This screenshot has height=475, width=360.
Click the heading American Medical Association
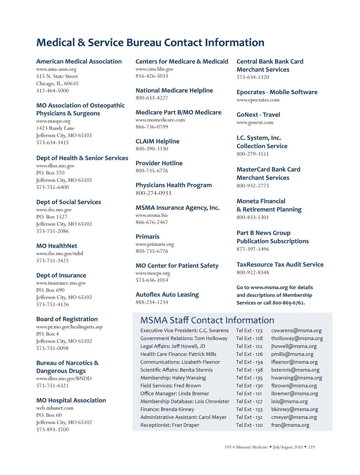pos(79,61)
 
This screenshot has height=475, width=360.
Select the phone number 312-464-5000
pos(52,90)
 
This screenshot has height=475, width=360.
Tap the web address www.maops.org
pos(53,121)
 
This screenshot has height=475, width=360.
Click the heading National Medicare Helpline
pos(174,90)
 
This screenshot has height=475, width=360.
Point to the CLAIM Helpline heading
pos(157,141)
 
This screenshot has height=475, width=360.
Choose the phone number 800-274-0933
pos(153,193)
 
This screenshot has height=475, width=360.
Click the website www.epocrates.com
pos(258,100)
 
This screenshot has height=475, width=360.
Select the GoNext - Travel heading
pos(258,114)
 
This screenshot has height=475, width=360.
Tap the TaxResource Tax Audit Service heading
pos(280,264)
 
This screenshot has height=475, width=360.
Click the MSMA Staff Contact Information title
pos(207,320)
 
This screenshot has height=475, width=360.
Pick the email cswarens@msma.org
pos(296,331)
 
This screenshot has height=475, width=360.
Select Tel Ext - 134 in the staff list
pos(249,362)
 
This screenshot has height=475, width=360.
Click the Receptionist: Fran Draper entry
pos(169,425)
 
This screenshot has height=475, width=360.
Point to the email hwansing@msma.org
pos(296,378)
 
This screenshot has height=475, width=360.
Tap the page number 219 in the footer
pos(311,447)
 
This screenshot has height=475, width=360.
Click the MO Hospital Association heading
pos(71,400)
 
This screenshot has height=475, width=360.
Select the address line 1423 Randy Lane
pos(55,128)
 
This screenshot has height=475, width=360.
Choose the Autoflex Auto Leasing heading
pos(167,295)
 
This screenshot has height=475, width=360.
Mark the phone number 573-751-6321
pos(52,385)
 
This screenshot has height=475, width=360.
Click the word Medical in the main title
pos(55,42)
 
